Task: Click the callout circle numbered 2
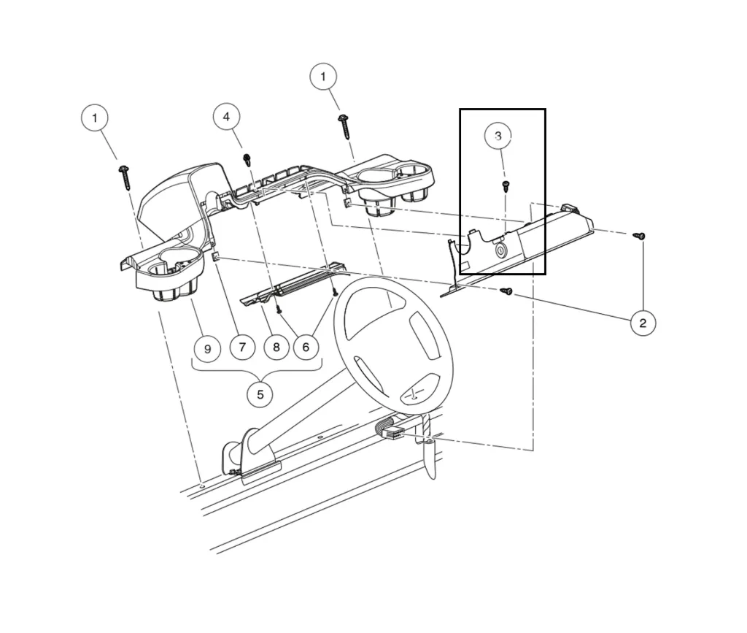[x=642, y=323]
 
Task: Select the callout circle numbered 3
[x=498, y=137]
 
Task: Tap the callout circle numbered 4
[x=226, y=117]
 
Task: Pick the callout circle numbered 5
[x=260, y=395]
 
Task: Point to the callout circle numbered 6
[x=306, y=348]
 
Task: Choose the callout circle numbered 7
[x=242, y=347]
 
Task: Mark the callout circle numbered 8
[x=276, y=348]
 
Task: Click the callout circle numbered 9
[x=207, y=349]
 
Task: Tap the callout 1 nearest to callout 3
[x=323, y=77]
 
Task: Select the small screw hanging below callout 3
[x=504, y=186]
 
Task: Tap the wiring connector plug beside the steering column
[x=390, y=432]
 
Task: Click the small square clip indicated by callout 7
[x=217, y=257]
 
